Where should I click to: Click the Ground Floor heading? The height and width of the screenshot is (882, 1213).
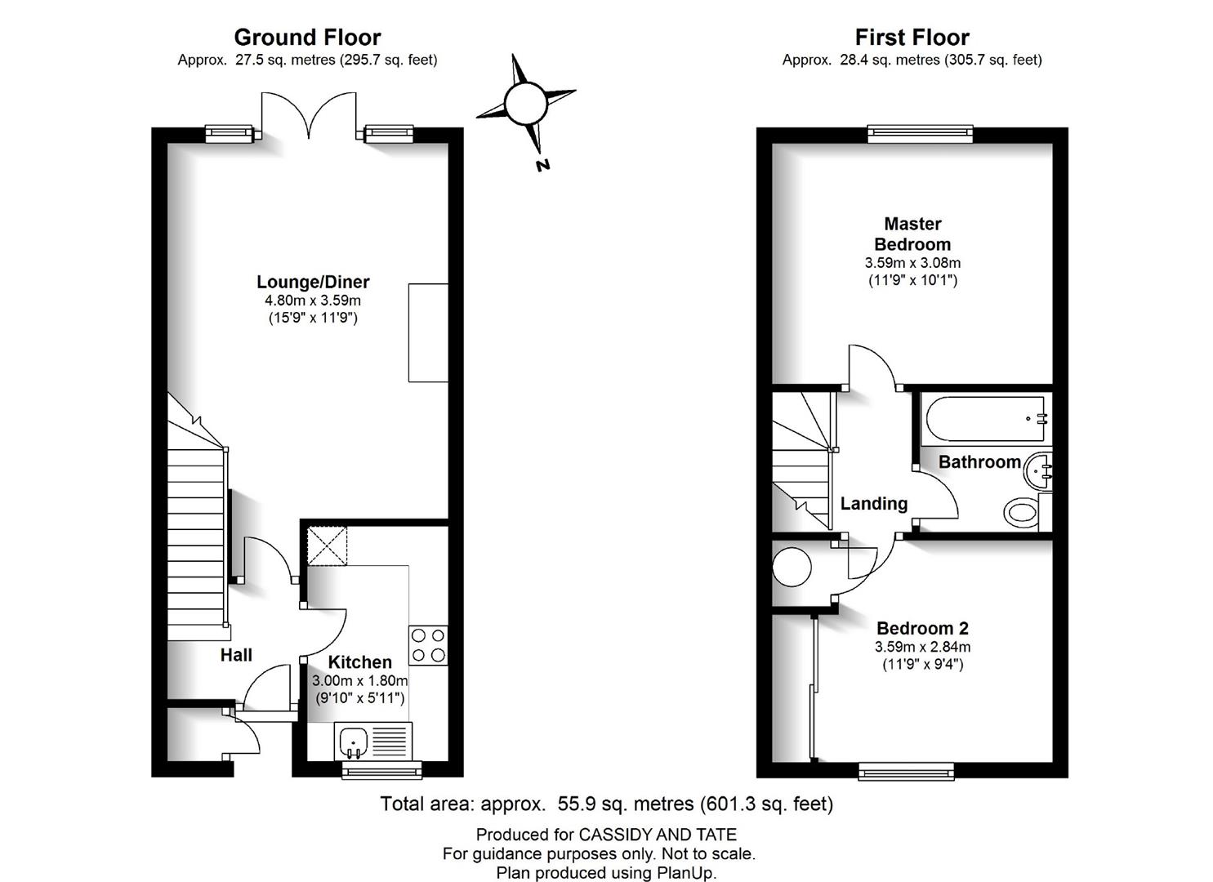307,38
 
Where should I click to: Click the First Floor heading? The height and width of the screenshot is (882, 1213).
912,38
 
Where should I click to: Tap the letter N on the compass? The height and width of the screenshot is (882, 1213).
542,165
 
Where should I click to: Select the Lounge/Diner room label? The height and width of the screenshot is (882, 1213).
313,282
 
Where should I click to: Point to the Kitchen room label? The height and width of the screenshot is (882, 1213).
359,661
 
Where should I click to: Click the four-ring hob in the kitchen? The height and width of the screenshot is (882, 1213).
428,645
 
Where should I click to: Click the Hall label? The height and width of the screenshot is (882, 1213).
236,655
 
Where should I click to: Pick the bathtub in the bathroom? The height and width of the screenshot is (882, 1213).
985,419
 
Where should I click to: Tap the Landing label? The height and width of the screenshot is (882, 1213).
873,504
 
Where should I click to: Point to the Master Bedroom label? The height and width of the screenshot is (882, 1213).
912,234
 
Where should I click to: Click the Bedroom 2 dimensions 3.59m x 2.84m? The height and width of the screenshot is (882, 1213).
923,647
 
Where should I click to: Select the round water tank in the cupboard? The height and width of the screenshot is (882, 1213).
792,567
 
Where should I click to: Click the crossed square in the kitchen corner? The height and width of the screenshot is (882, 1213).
327,546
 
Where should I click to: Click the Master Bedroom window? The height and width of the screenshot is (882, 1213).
920,134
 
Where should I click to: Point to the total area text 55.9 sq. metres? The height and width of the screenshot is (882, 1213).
626,804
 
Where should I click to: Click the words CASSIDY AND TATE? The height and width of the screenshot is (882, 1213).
658,835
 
